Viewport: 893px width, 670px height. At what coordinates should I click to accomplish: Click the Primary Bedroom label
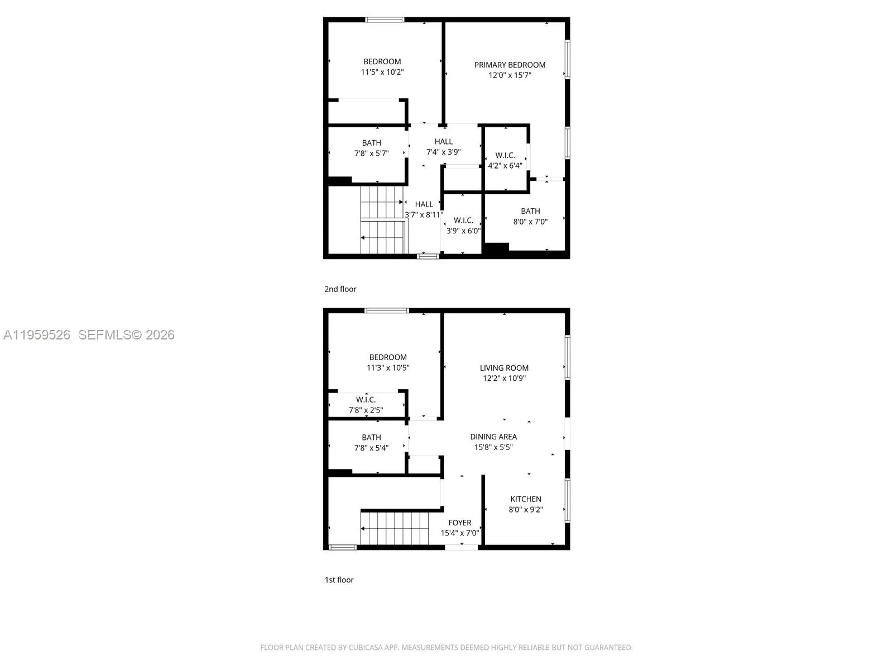pyautogui.click(x=510, y=65)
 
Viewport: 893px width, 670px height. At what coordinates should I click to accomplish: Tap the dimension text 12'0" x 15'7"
pyautogui.click(x=510, y=75)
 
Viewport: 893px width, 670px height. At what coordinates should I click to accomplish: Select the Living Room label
pyautogui.click(x=504, y=368)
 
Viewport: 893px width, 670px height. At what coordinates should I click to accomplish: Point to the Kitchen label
pyautogui.click(x=525, y=499)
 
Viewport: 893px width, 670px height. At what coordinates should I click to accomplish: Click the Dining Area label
pyautogui.click(x=493, y=437)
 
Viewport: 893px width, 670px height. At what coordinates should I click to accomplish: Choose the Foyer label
pyautogui.click(x=459, y=523)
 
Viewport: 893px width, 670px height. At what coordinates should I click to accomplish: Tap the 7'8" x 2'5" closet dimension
pyautogui.click(x=366, y=410)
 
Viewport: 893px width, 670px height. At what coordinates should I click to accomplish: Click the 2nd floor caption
pyautogui.click(x=340, y=289)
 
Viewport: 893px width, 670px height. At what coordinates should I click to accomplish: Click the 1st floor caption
pyautogui.click(x=339, y=580)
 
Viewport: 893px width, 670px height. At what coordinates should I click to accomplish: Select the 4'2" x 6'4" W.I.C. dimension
pyautogui.click(x=505, y=166)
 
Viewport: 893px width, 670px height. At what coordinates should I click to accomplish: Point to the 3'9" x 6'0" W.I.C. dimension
pyautogui.click(x=463, y=231)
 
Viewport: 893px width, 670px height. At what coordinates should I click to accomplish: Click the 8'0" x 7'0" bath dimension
pyautogui.click(x=530, y=222)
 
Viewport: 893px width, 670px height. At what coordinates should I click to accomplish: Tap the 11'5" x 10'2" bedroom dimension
pyautogui.click(x=382, y=72)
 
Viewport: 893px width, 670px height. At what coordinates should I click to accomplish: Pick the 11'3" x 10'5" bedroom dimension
pyautogui.click(x=388, y=368)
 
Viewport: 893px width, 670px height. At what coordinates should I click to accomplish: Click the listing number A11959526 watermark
pyautogui.click(x=37, y=335)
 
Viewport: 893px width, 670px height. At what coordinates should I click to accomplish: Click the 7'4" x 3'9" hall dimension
pyautogui.click(x=443, y=152)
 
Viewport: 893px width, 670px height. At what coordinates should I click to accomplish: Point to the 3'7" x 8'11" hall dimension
pyautogui.click(x=424, y=215)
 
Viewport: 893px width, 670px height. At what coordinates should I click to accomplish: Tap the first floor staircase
pyautogui.click(x=395, y=528)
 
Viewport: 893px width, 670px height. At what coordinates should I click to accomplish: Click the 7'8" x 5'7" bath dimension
pyautogui.click(x=371, y=153)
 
